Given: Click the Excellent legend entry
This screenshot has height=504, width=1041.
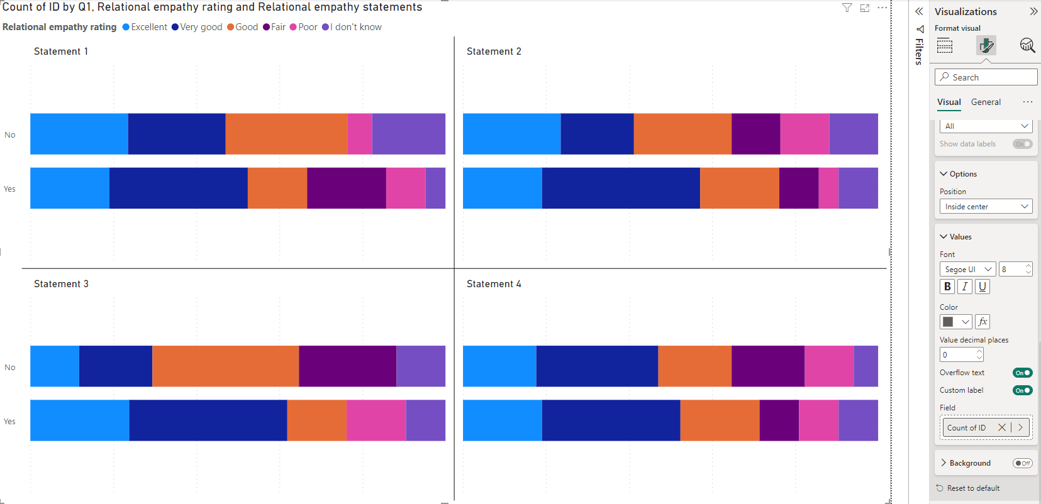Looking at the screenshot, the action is pos(145,27).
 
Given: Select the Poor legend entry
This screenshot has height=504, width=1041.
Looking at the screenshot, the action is pos(303,27).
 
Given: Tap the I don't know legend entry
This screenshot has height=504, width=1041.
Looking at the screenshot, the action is pos(352,27).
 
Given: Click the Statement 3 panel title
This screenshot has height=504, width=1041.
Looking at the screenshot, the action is pos(62,284).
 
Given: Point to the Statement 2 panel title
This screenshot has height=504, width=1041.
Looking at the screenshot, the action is pos(494,51).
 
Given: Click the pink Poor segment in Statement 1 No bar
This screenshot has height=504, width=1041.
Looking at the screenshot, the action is pos(360,134).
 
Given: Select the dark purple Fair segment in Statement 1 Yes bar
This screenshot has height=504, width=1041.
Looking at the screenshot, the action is pos(346,188).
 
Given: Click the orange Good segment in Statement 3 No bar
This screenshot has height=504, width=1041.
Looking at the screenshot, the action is pos(225,366).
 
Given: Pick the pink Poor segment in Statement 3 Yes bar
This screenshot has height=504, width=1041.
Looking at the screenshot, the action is pos(376,420).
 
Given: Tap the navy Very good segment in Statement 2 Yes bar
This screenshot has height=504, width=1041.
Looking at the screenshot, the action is pos(621,188).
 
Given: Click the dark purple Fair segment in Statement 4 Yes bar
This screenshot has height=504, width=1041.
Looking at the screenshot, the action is pos(779,420).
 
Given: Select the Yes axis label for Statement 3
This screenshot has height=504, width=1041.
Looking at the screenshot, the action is pos(10,421).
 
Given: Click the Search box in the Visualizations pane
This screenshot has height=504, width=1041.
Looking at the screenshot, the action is pos(986,77).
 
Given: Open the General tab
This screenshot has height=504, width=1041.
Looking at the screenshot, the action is pos(986,102).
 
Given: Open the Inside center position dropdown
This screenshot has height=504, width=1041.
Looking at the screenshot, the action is pos(986,206).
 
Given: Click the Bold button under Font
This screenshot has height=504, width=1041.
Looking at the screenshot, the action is pos(947,287).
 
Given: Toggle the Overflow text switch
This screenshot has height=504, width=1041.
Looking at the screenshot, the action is pos(1022,373).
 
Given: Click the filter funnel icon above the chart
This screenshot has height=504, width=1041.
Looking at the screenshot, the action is pos(847,8).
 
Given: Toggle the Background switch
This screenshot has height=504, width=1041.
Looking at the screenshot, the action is pos(1022,463).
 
